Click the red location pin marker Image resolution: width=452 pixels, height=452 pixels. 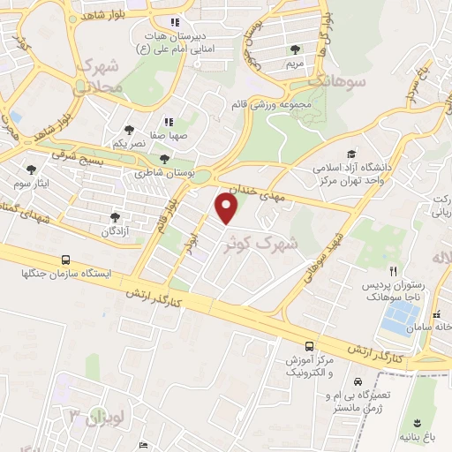click(228, 208)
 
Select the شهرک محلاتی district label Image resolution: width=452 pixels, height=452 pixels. click(97, 74)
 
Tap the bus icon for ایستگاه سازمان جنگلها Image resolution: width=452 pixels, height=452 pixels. click(65, 260)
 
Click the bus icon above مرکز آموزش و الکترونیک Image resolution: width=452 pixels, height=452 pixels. click(308, 346)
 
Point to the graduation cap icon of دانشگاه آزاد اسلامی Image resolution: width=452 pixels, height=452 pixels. click(352, 154)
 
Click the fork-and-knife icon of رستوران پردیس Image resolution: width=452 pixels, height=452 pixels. click(395, 273)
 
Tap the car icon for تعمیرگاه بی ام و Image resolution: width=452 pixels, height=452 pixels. click(356, 382)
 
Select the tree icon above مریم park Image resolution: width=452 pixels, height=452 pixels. click(294, 49)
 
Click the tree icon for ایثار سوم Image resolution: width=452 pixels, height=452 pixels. click(31, 169)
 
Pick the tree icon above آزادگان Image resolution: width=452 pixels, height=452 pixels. click(114, 216)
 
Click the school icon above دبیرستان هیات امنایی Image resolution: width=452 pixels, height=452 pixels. click(175, 22)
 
